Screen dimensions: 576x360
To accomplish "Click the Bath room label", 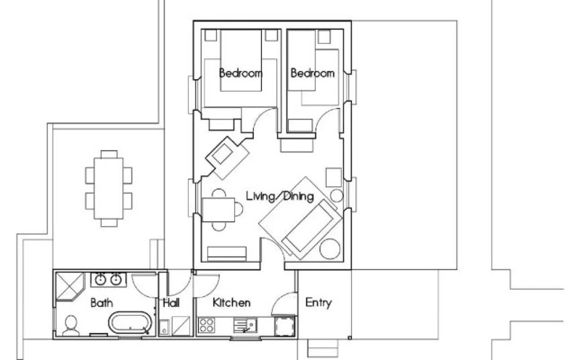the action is tap(102, 302).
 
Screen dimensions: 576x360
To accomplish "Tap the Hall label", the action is tap(171, 302).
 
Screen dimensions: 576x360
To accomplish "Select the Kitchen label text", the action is tap(231, 302).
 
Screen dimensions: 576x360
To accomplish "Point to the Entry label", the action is tap(319, 302).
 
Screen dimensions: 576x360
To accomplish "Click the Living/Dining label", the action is tap(280, 196).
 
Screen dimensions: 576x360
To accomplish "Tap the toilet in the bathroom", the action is tap(70, 326).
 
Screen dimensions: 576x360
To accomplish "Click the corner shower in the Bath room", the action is tap(69, 286).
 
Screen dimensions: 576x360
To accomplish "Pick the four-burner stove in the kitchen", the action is tap(206, 326).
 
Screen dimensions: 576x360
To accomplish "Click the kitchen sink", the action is tap(246, 326).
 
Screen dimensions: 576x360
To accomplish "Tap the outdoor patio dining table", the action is tap(109, 188).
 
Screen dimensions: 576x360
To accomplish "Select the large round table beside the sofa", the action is tap(330, 249).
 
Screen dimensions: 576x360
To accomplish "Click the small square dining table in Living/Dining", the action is tap(219, 210).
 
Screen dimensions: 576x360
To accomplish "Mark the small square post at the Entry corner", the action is tap(350, 337).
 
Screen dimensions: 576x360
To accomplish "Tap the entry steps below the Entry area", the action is tap(322, 348).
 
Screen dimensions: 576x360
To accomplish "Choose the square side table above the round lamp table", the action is tap(334, 177).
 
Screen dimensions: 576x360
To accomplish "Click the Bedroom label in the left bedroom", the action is tap(240, 73).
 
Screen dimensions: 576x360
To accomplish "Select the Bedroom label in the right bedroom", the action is tap(312, 73).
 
